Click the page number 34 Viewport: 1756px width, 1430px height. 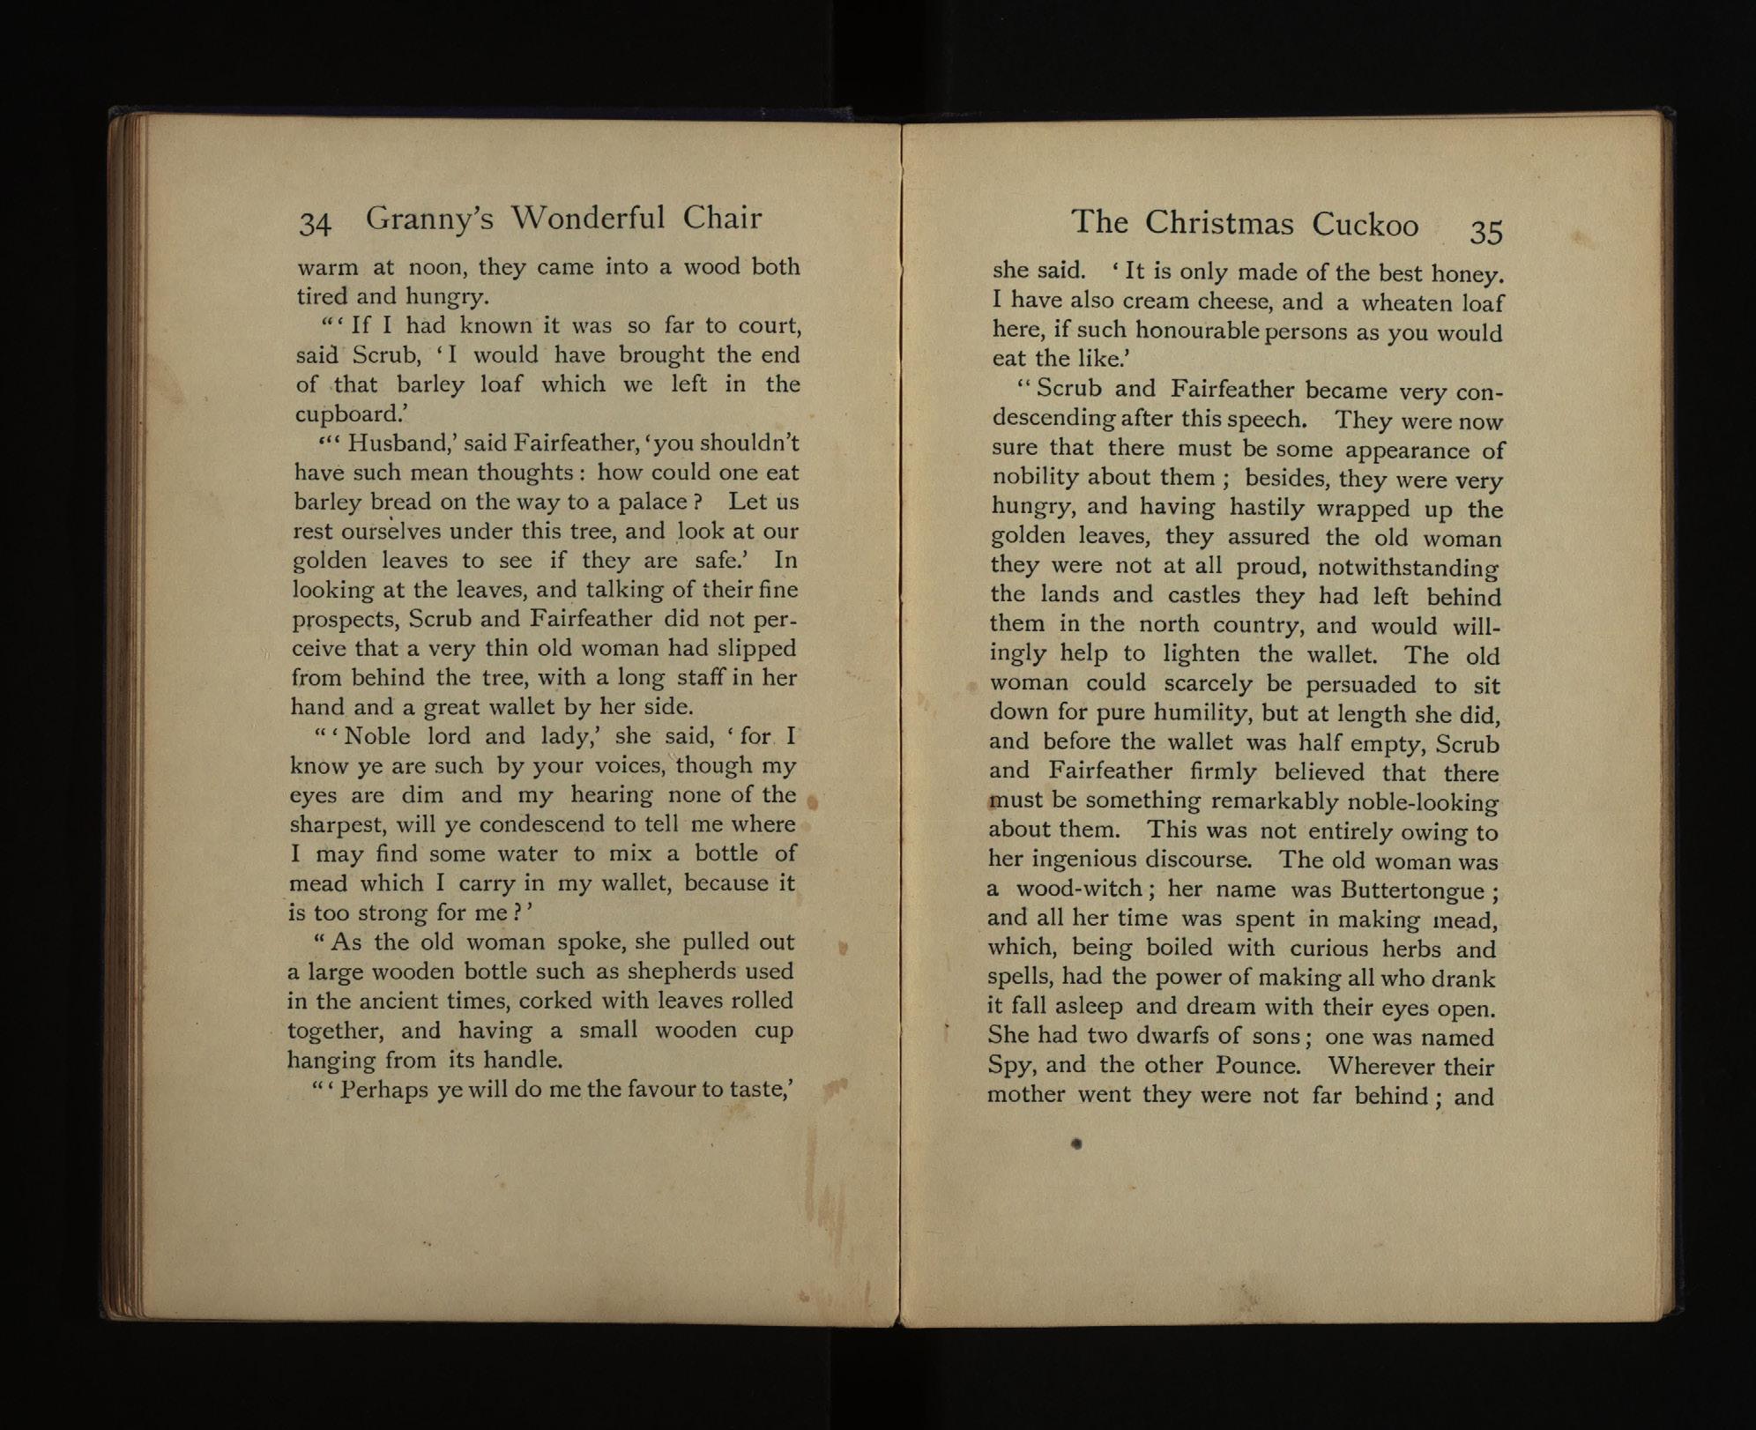(x=315, y=224)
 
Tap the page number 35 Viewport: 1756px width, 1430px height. (x=1485, y=231)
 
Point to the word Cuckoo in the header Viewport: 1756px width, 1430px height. (x=1365, y=225)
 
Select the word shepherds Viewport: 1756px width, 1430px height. (x=694, y=972)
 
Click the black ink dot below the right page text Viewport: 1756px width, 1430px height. (x=1076, y=1144)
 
